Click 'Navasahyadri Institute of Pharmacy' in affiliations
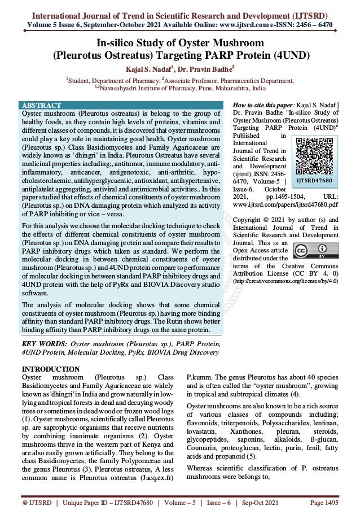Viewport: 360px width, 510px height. point(147,88)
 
